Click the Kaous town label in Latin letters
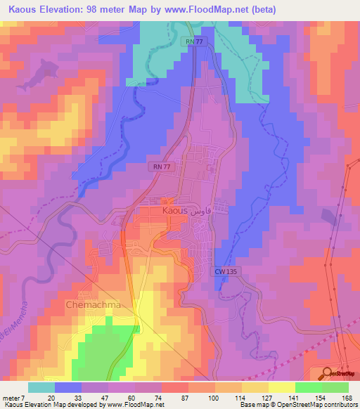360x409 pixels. coord(174,210)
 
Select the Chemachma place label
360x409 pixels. coord(94,306)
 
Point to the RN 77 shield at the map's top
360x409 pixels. coord(195,42)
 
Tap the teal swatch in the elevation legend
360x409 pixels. coord(41,387)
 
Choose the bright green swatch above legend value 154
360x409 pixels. coord(308,387)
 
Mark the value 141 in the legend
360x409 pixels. coord(281,397)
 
